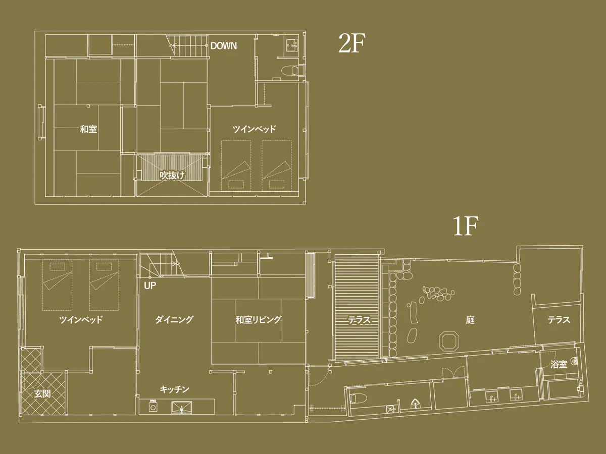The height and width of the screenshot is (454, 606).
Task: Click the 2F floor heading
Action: coord(351,43)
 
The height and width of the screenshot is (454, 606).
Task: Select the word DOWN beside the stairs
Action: coord(223,46)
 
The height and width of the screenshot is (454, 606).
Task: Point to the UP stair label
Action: coord(150,286)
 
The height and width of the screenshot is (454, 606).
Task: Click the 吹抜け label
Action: coord(172,176)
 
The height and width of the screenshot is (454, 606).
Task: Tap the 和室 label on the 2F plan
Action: coord(88,129)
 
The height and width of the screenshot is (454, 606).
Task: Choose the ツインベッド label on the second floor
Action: coord(254,129)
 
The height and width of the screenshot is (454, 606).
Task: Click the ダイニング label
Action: coord(174,319)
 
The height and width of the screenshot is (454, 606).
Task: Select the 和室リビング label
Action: coord(259,319)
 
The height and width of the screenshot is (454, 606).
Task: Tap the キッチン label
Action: coord(174,389)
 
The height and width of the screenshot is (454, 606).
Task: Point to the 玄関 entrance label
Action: coord(42,394)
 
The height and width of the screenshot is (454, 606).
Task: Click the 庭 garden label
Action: coord(470,320)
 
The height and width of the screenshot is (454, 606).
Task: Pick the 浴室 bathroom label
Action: coord(559,364)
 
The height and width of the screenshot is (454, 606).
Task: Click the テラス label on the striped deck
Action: coord(359,320)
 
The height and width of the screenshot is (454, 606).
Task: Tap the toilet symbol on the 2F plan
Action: coord(290,71)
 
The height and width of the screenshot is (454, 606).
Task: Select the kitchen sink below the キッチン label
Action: coord(182,407)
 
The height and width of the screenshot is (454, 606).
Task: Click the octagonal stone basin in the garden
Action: coord(448,342)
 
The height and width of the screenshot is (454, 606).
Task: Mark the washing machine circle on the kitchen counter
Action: coord(153,408)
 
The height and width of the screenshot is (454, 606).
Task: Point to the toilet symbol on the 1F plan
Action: coord(358,399)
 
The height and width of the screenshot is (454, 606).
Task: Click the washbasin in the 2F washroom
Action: coord(292,45)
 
